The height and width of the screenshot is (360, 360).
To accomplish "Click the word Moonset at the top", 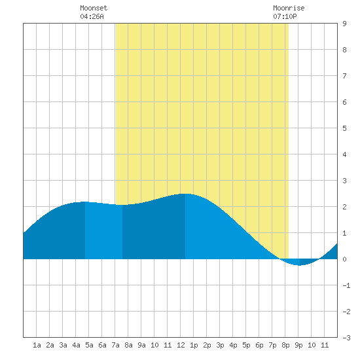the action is (94, 8).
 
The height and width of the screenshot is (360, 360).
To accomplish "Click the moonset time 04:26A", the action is (92, 16).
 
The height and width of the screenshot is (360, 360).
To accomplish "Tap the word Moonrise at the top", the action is (289, 8).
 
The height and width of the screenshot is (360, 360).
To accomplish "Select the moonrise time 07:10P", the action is (285, 16).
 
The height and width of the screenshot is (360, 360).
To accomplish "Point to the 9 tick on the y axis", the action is (344, 24).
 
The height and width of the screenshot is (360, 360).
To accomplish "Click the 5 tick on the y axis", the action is (344, 128).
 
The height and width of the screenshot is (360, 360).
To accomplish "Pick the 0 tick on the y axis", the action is (344, 259).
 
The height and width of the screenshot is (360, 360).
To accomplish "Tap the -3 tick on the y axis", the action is (346, 338).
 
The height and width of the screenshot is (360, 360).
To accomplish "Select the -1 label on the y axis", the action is (346, 285).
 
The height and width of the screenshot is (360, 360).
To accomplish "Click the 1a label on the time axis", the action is (37, 345).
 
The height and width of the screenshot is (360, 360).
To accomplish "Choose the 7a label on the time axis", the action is (115, 345).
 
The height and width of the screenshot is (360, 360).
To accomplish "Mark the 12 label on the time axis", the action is (181, 345).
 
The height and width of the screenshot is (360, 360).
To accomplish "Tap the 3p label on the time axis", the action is (220, 345).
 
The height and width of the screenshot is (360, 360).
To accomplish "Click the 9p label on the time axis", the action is (298, 345).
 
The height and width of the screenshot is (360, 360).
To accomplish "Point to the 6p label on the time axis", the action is (259, 345).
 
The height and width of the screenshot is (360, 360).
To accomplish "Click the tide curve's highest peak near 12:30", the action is (185, 194).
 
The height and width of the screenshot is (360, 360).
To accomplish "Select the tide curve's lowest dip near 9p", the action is (299, 265).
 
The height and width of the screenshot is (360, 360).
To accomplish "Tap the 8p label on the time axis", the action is (285, 345).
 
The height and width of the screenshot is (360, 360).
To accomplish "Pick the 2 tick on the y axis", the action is (344, 207).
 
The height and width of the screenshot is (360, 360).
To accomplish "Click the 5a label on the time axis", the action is (89, 345).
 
